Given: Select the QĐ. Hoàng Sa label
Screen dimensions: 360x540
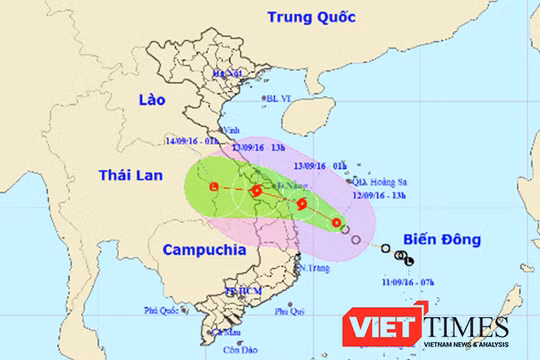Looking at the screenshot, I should (x=373, y=182).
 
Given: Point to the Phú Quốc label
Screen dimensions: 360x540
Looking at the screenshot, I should (x=161, y=310).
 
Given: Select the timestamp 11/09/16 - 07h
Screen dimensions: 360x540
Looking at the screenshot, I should (x=403, y=284).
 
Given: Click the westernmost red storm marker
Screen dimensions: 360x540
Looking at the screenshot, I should (x=214, y=187).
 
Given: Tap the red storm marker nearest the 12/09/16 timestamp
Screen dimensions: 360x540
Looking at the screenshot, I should (x=337, y=221).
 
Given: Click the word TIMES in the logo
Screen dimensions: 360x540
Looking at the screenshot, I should (x=465, y=327).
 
